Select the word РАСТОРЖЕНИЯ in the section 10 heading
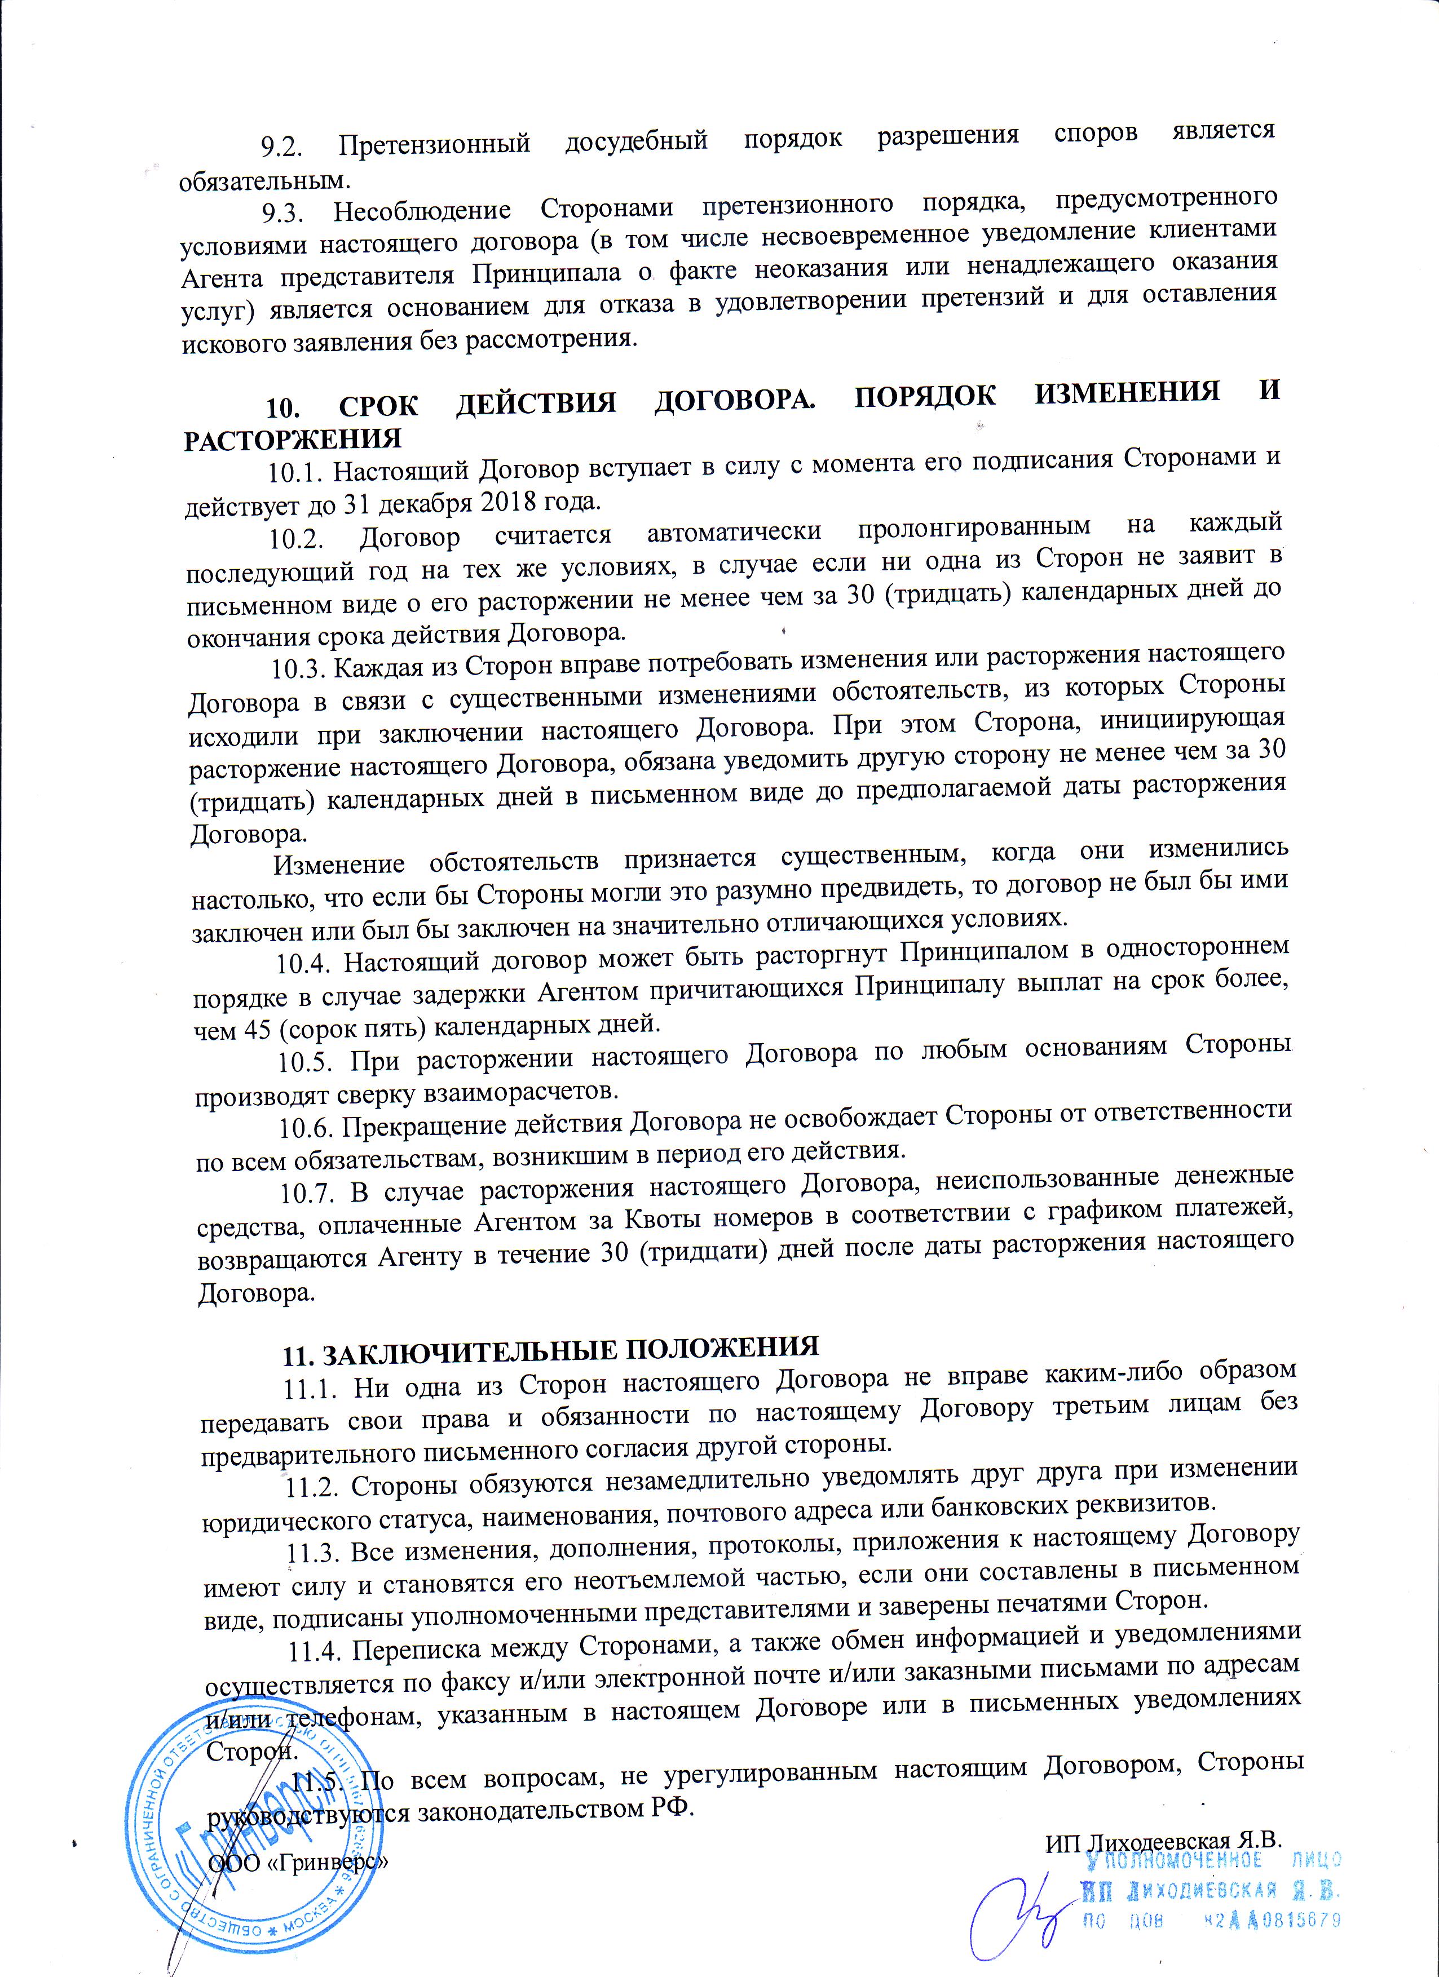292,437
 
